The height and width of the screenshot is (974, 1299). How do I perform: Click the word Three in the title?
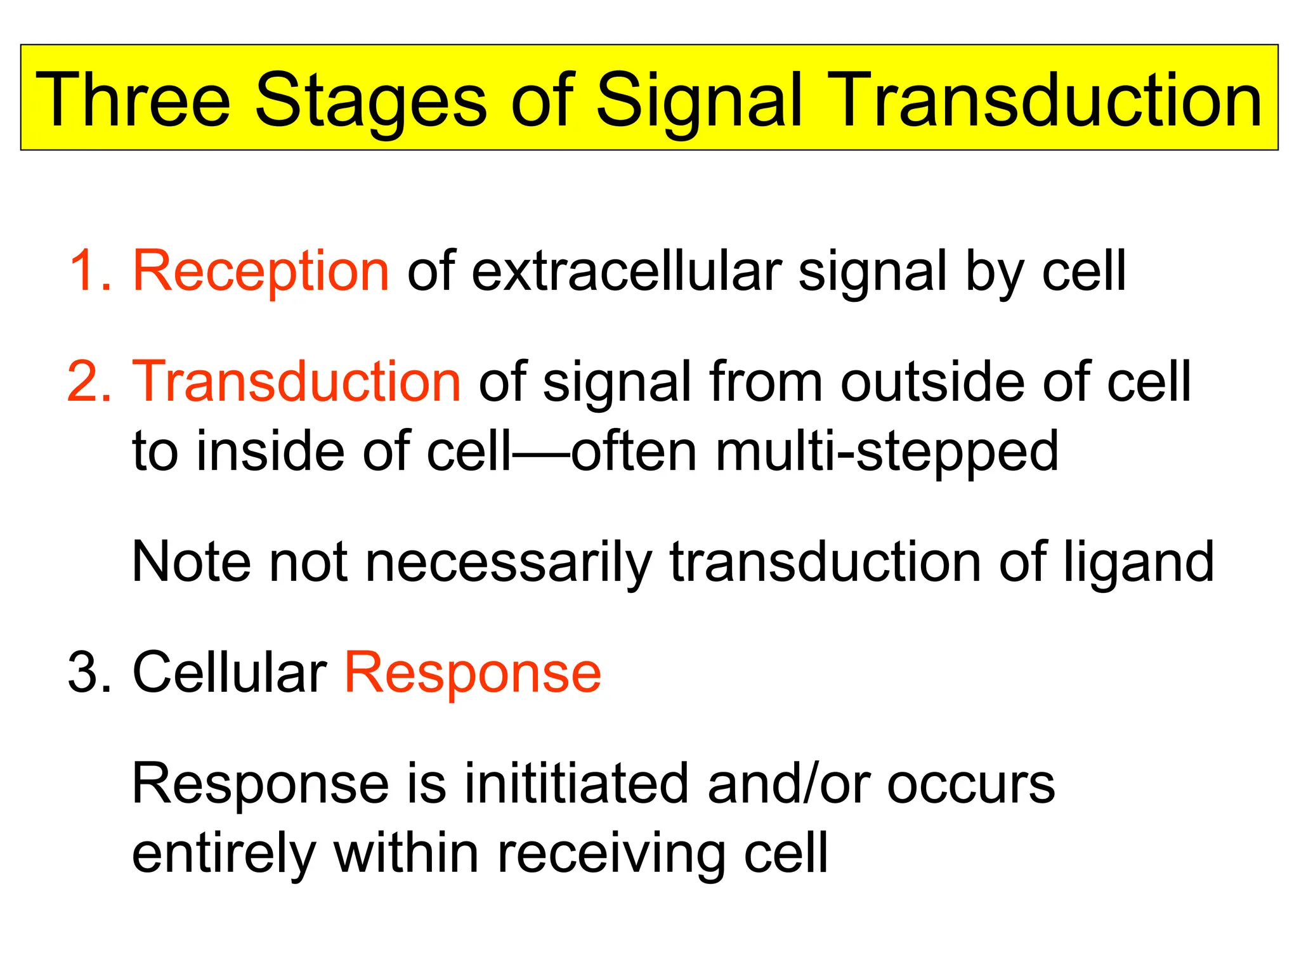point(133,100)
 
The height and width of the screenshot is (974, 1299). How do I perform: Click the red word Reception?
point(261,271)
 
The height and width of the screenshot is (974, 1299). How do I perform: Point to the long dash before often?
point(541,451)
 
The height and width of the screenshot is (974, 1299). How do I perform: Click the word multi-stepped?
point(887,451)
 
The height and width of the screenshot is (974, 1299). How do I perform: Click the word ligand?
point(1139,562)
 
